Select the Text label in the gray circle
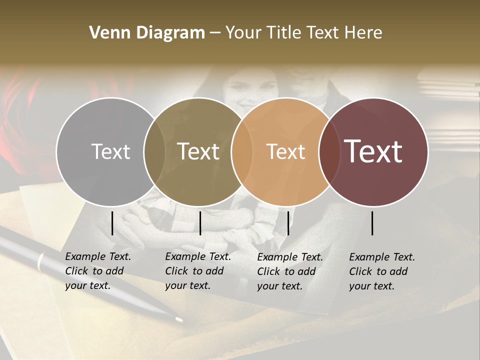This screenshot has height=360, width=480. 110,151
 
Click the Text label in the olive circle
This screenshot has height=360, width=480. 198,151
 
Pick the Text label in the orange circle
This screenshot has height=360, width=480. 285,151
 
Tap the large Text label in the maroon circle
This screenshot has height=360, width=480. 373,151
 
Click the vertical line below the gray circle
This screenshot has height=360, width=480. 112,223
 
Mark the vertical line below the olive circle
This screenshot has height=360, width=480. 200,223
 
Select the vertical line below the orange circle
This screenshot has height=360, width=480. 288,223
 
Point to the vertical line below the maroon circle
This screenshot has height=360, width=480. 372,223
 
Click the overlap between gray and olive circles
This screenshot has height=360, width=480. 154,151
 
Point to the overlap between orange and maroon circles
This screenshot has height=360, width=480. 328,151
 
